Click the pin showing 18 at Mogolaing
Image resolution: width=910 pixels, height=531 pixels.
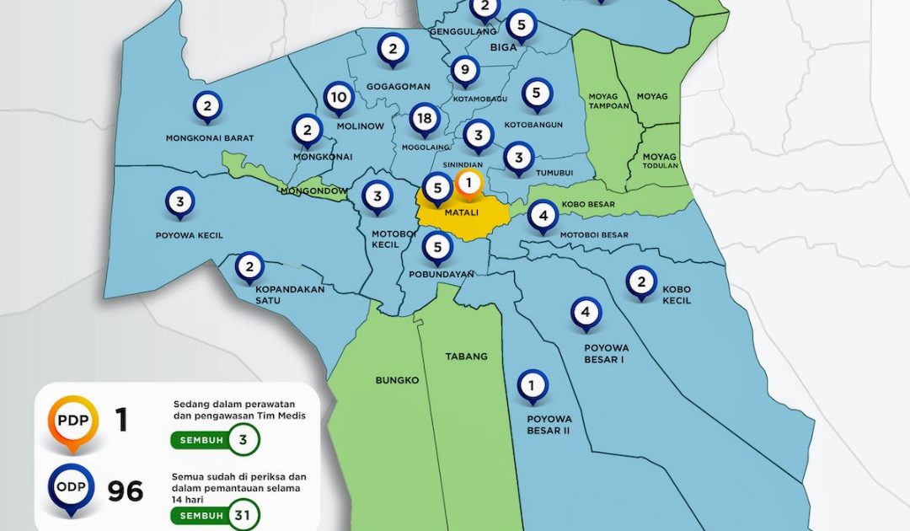(425, 119)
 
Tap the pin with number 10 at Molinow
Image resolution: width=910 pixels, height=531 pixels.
(339, 98)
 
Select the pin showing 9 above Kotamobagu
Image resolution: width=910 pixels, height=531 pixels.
(465, 70)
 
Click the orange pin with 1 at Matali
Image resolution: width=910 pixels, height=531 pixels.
(469, 183)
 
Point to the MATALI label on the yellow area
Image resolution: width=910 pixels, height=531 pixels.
(461, 212)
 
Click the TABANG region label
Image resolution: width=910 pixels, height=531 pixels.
(466, 357)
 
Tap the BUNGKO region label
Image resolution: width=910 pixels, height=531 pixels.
(397, 380)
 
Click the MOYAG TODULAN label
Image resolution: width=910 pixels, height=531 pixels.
(660, 160)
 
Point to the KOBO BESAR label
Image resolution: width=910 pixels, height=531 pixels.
(588, 204)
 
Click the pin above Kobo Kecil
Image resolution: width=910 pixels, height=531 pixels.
(641, 282)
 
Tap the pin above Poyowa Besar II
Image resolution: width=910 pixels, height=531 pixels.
(532, 386)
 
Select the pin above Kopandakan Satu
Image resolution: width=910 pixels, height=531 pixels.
(249, 267)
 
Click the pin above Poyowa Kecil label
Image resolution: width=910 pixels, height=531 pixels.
(179, 202)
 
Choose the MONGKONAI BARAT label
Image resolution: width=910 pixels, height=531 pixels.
(210, 138)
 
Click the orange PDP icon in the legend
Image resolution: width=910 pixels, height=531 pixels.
(72, 421)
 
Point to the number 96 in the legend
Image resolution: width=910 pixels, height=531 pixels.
(125, 491)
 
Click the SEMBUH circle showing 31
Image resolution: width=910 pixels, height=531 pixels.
(244, 515)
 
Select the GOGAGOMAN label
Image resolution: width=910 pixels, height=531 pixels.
(399, 86)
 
